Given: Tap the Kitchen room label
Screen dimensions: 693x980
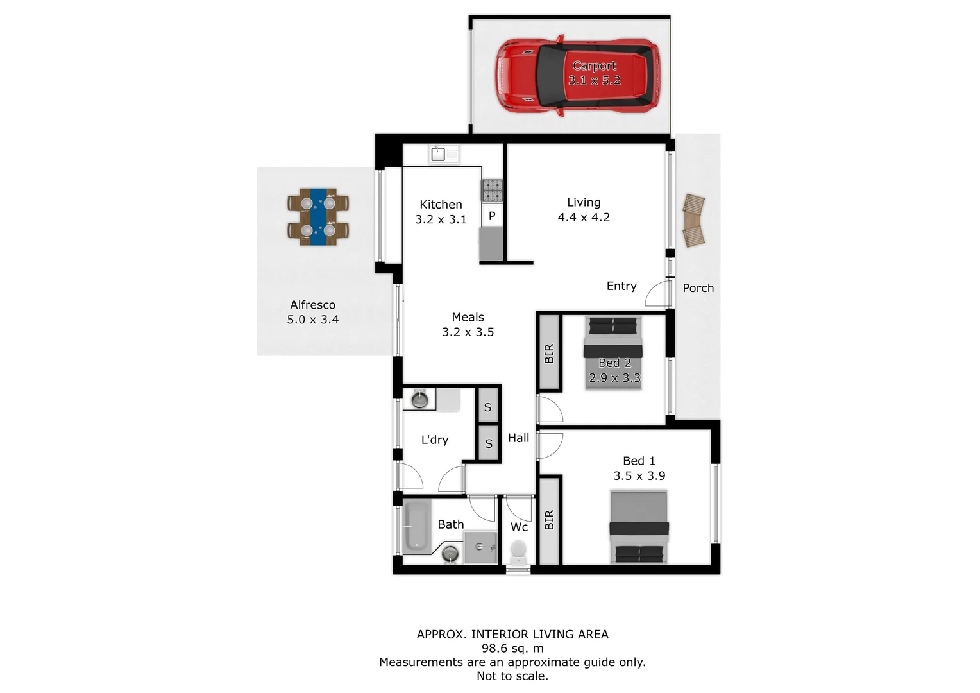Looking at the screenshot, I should click(x=441, y=205).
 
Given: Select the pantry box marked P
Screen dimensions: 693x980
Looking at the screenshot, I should click(x=492, y=216).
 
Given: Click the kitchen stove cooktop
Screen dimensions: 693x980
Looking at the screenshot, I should click(x=493, y=190).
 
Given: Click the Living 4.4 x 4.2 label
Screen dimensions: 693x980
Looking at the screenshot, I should click(x=584, y=210).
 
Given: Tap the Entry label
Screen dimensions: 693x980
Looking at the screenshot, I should click(x=621, y=286).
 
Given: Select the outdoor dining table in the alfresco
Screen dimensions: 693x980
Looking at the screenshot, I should click(x=318, y=216).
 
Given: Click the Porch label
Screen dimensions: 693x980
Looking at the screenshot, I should click(x=698, y=288).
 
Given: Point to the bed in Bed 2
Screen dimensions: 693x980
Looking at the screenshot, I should click(x=613, y=353).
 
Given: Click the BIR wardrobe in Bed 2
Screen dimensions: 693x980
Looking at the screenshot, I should click(x=549, y=354).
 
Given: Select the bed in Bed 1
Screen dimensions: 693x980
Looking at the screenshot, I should click(x=639, y=527).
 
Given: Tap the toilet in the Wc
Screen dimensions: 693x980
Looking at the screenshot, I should click(x=518, y=551).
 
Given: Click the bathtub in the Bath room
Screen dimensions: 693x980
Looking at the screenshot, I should click(x=416, y=526).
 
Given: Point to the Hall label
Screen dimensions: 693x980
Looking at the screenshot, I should click(x=518, y=438).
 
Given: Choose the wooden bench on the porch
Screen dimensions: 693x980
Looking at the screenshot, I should click(x=693, y=221).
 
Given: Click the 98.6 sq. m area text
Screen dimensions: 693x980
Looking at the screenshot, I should click(x=512, y=648).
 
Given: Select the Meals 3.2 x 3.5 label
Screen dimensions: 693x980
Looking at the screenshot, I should click(x=468, y=325).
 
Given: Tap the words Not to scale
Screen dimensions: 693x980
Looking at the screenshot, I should click(x=512, y=676).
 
